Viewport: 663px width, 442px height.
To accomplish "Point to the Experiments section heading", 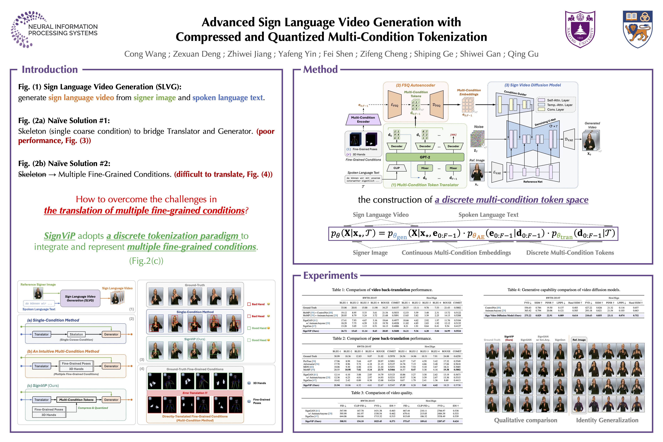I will coord(330,275).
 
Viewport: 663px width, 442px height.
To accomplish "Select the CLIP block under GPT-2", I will coord(396,168).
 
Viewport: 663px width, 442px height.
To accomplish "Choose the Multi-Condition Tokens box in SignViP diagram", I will coord(76,400).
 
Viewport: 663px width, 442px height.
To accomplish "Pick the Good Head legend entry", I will coord(258,340).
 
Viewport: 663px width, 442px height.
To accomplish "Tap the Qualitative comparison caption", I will coord(525,420).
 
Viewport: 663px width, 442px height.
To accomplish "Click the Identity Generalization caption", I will coord(607,420).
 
